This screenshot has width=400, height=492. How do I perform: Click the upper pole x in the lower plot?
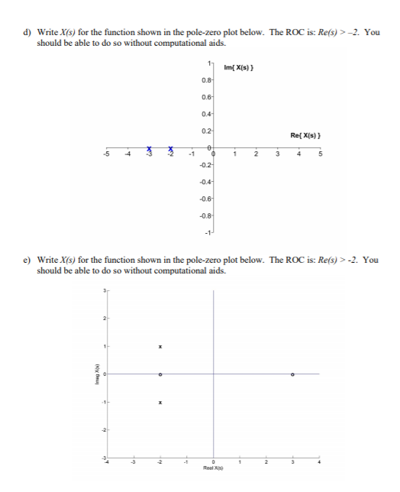[160, 346]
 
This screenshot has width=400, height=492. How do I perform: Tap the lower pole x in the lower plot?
[160, 402]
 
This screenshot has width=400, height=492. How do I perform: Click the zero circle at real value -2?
[160, 374]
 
